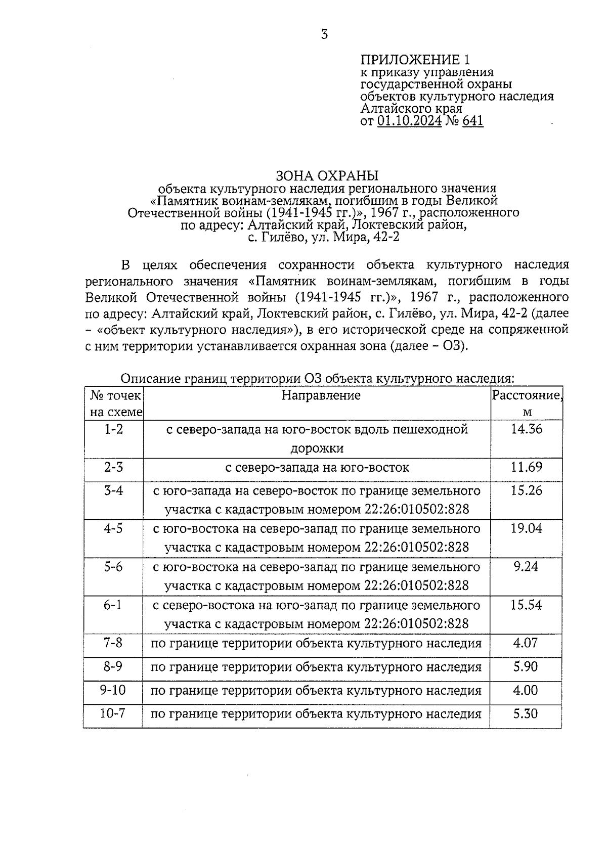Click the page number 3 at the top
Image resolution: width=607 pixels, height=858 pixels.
click(x=324, y=34)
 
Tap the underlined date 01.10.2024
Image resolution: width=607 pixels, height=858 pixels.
click(x=410, y=121)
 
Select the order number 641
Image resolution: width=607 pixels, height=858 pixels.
click(x=472, y=121)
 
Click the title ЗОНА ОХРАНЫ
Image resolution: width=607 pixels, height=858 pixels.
click(x=327, y=175)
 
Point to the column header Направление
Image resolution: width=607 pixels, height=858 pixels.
click(x=321, y=395)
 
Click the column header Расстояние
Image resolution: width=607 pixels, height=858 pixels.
click(x=527, y=395)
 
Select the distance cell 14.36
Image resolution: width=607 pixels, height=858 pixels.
click(x=527, y=429)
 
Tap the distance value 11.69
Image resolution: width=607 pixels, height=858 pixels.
click(x=527, y=467)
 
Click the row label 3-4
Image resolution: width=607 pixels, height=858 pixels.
click(x=113, y=490)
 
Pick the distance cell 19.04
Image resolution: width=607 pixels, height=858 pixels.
click(x=527, y=528)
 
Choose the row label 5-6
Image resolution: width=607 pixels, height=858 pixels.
click(x=113, y=566)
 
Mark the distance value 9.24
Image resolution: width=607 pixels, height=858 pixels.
click(x=526, y=566)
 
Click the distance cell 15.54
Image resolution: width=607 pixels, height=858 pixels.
click(x=526, y=605)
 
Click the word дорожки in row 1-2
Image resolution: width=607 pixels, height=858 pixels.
click(x=317, y=448)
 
